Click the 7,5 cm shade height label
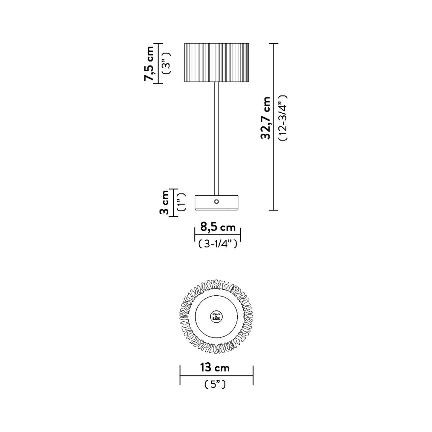[149, 63]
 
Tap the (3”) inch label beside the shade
[166, 63]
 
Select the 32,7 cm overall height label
[265, 118]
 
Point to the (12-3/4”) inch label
[283, 118]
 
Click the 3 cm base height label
[164, 202]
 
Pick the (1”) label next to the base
[181, 202]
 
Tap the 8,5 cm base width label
[218, 227]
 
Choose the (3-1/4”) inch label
[218, 244]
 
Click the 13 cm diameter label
[215, 367]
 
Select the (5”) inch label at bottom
[215, 384]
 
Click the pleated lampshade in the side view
[217, 62]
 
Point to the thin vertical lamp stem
[217, 138]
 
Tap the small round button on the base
[217, 202]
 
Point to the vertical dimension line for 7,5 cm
[158, 63]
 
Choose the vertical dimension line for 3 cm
[173, 202]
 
